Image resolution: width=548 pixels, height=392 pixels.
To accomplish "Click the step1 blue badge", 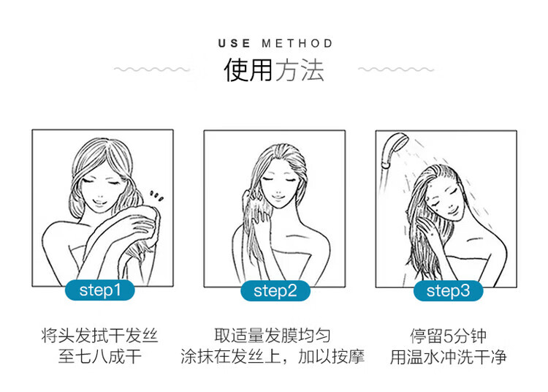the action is click(100, 290).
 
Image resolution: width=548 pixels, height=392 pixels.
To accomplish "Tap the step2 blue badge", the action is click(275, 290).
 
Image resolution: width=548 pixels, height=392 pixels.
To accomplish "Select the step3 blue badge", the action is click(448, 290).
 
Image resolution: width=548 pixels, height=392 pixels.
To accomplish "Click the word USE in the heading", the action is click(234, 43).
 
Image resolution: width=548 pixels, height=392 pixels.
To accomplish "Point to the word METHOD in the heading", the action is click(297, 43).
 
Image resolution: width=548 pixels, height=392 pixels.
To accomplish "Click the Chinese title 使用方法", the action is click(274, 70).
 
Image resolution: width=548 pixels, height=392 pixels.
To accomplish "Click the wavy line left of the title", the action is click(152, 69).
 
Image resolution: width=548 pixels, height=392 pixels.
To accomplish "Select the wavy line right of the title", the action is click(396, 69).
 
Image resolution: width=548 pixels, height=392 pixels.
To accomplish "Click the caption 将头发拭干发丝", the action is click(99, 336).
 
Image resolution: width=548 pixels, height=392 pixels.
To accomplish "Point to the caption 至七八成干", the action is click(100, 357).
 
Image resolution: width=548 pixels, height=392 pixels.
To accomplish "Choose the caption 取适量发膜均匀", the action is click(273, 336).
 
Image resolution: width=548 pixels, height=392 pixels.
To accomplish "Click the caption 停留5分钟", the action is click(448, 336).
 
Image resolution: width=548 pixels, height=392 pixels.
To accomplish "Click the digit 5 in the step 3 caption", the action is click(448, 336).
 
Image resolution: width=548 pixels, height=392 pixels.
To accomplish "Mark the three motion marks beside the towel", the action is click(156, 197).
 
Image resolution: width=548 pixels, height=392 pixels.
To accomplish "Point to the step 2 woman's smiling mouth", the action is click(278, 196).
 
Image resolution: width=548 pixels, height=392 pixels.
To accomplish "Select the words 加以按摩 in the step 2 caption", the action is click(331, 357).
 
